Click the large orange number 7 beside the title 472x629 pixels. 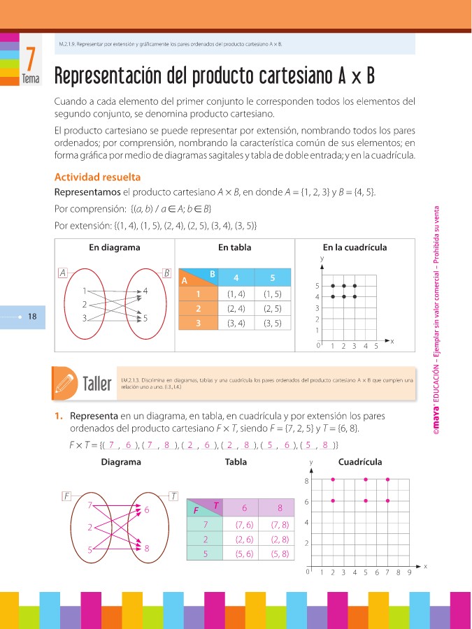point(29,58)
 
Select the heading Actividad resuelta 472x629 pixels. point(97,178)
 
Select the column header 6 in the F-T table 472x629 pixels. point(245,508)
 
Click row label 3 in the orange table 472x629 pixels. point(199,323)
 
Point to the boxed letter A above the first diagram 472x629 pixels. point(62,273)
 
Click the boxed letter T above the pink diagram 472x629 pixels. point(173,496)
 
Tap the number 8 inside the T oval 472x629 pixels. point(146,549)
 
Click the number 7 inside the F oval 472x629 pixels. point(90,505)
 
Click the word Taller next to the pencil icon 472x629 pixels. point(97,384)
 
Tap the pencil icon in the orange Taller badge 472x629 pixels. point(64,382)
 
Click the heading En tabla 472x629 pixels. point(234,247)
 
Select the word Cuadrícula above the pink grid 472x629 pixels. point(359,462)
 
